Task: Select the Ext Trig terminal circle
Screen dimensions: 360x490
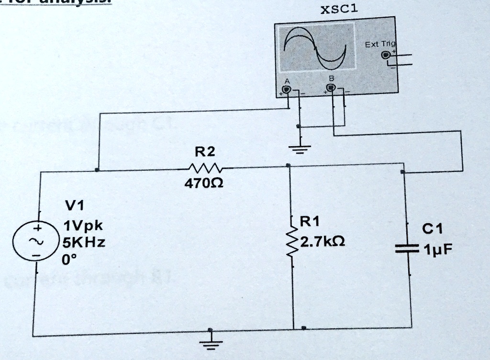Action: coord(385,55)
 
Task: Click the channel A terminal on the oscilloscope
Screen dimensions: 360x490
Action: coord(286,90)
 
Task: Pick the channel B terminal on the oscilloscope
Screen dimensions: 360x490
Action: coord(331,88)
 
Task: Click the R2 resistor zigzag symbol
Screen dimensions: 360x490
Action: coord(204,168)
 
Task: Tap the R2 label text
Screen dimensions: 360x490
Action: coord(205,153)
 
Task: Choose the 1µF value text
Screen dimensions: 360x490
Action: coord(438,249)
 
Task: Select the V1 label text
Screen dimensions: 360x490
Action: coord(74,206)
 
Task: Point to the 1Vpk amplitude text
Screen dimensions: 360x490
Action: coord(83,225)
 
